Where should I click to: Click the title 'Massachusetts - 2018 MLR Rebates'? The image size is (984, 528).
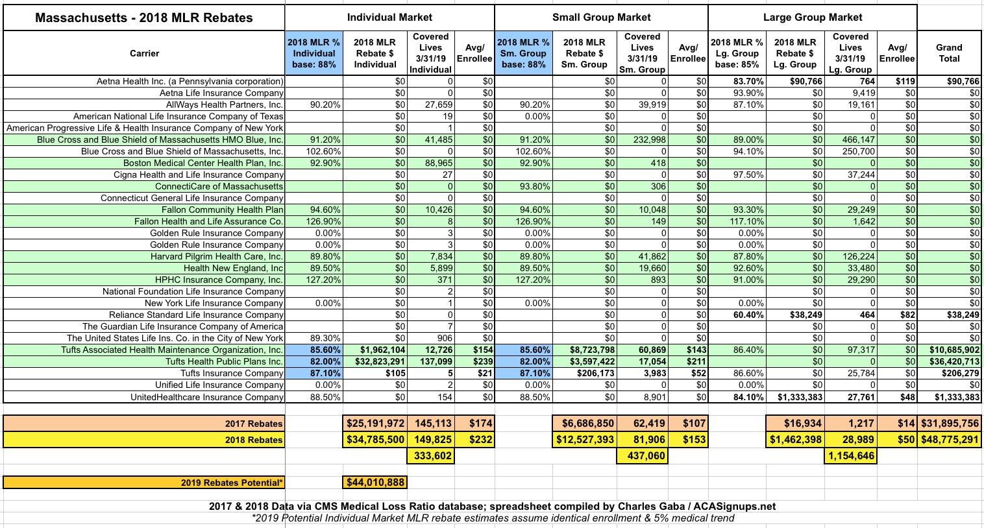[143, 18]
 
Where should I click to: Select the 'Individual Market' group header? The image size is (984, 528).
[389, 18]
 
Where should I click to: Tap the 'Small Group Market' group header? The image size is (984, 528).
[601, 18]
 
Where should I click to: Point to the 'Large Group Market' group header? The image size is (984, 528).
[813, 18]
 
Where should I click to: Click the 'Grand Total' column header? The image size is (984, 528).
[949, 53]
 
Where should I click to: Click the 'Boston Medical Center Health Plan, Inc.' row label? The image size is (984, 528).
[203, 163]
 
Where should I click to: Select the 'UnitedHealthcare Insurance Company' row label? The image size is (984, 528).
[207, 396]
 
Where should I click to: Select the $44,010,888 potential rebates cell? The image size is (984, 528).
[375, 482]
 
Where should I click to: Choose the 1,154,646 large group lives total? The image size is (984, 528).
[850, 456]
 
